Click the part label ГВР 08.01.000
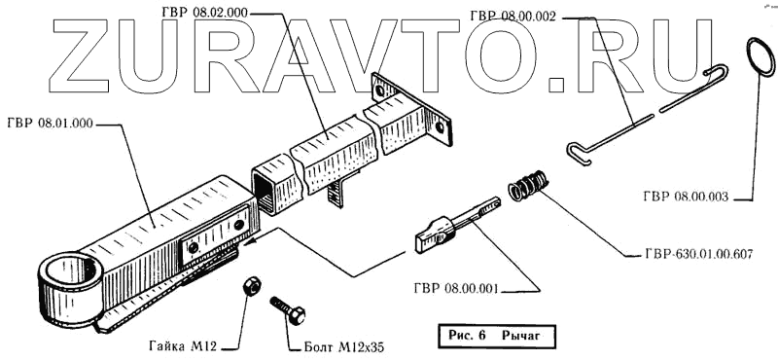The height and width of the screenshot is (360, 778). [51, 124]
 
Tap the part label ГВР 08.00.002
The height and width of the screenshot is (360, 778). [513, 17]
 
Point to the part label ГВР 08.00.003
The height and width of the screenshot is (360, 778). [686, 197]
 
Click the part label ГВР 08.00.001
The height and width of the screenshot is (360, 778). [455, 289]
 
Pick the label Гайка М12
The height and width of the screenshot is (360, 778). [183, 346]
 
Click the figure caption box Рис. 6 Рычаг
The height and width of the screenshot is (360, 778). [494, 336]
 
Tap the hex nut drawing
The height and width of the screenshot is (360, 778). [250, 286]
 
